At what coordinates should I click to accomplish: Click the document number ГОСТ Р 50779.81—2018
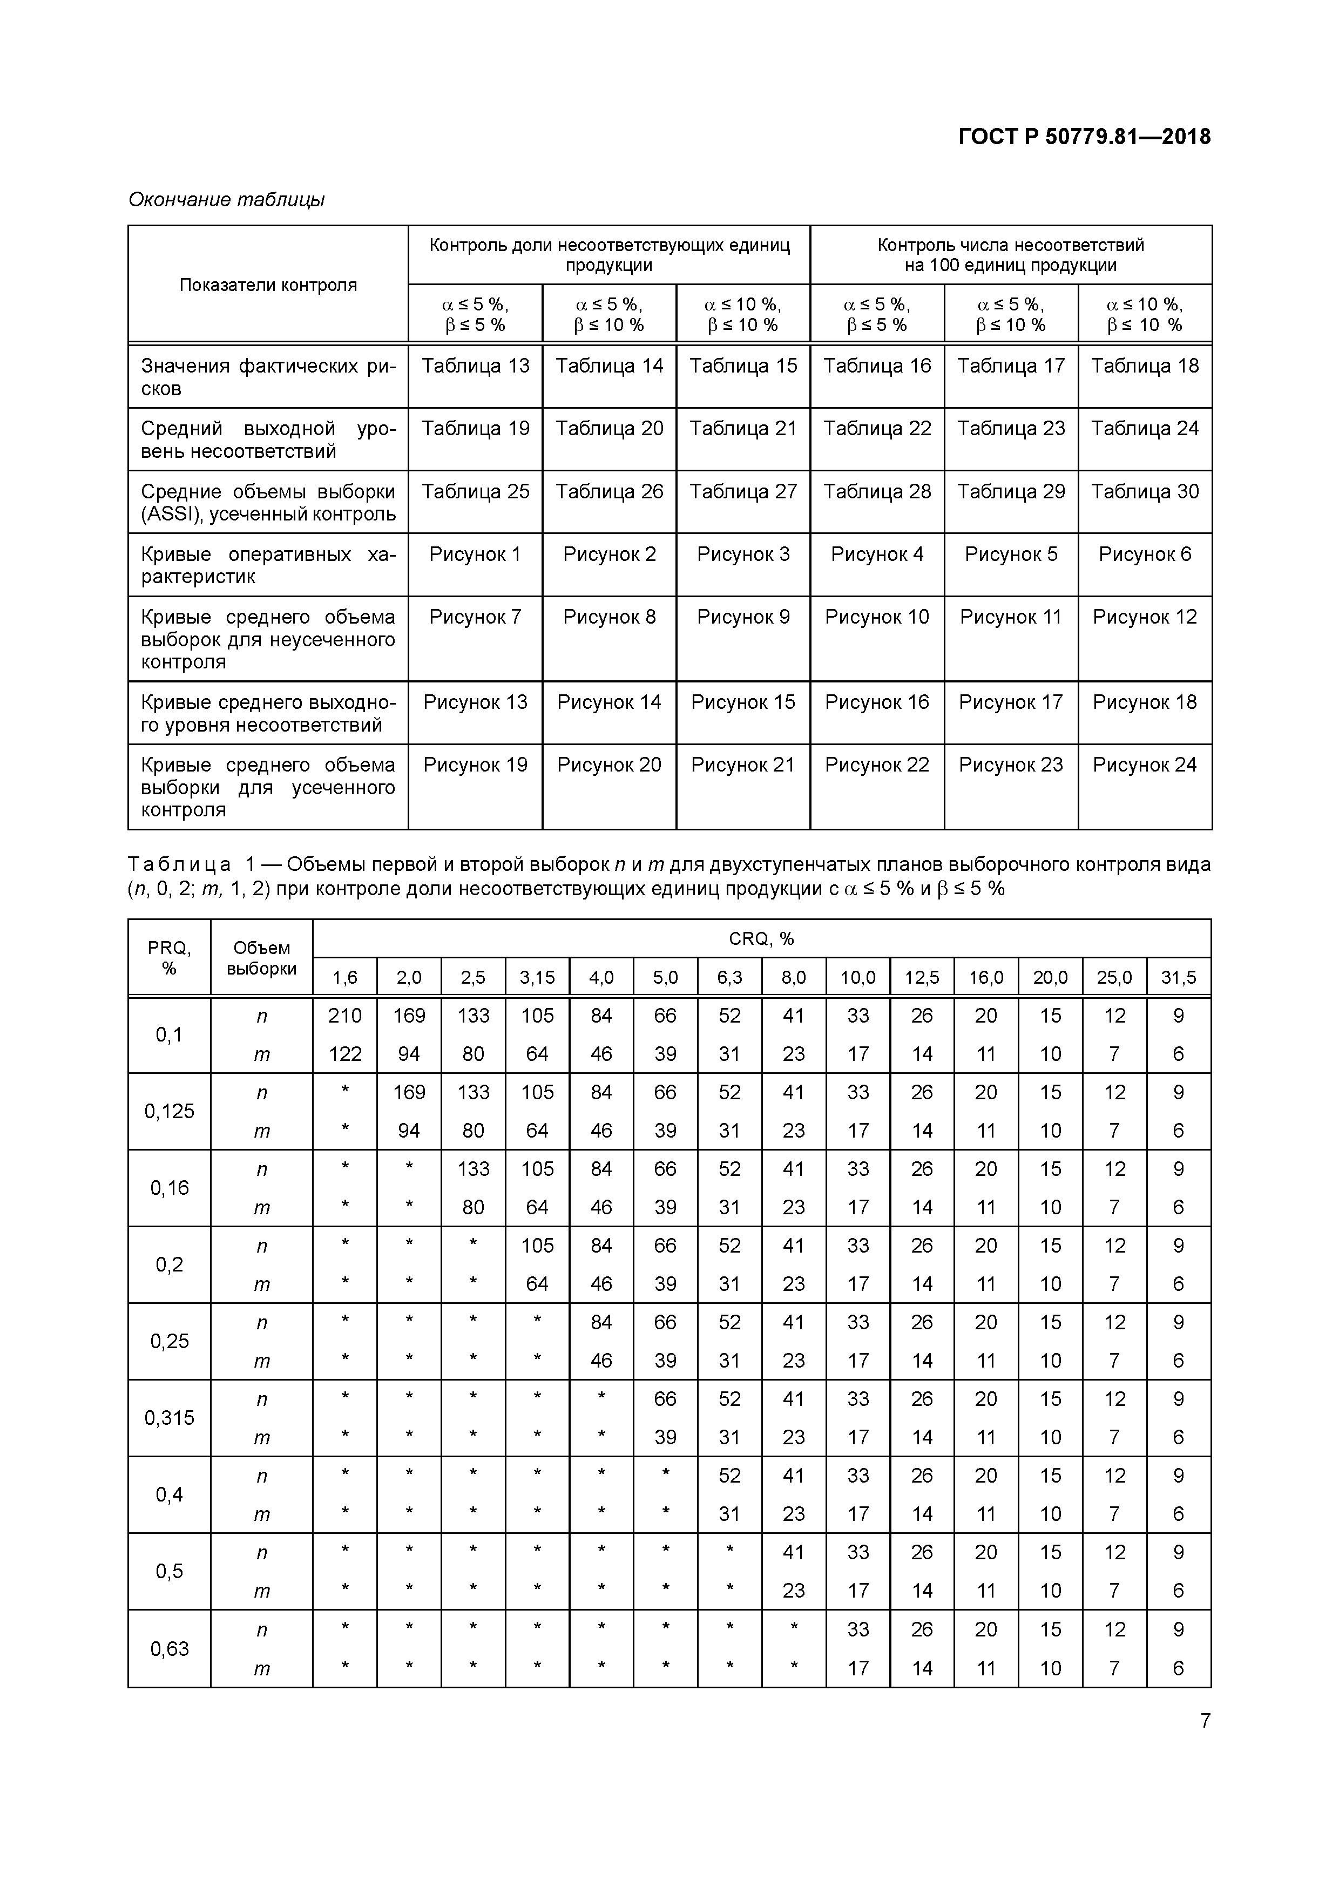pos(1084,137)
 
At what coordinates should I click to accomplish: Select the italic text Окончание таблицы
pos(226,200)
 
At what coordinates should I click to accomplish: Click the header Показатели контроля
pos(268,285)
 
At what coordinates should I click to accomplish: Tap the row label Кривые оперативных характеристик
pos(268,565)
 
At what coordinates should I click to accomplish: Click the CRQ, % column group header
pos(761,939)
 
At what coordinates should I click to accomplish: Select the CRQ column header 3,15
pos(537,978)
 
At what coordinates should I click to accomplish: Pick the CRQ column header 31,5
pos(1178,978)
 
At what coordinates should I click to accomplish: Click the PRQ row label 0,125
pos(169,1111)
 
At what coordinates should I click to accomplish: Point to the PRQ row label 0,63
pos(169,1648)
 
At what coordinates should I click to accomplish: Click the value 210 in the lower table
pos(345,1016)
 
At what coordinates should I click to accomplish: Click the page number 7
pos(1205,1720)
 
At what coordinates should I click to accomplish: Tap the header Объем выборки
pos(261,958)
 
